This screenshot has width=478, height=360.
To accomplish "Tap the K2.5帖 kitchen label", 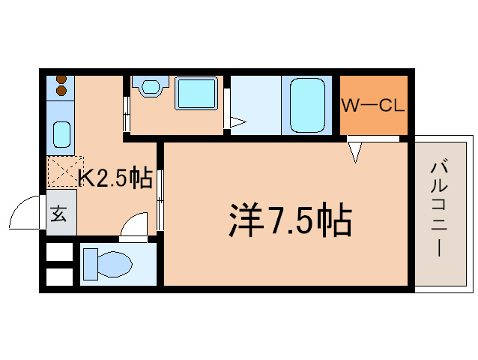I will (x=116, y=178).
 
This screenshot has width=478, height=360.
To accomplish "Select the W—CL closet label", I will (x=373, y=105).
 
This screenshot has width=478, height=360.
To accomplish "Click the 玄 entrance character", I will (x=59, y=213).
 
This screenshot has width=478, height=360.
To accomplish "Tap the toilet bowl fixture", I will (x=107, y=264).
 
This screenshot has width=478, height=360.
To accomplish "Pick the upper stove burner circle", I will (x=61, y=79).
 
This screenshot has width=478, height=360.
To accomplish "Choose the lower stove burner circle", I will (x=61, y=91).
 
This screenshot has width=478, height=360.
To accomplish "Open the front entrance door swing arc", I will (x=25, y=214).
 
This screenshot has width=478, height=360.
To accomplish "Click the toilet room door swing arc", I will (x=135, y=225).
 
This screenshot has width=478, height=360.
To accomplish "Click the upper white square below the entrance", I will (x=60, y=251).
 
